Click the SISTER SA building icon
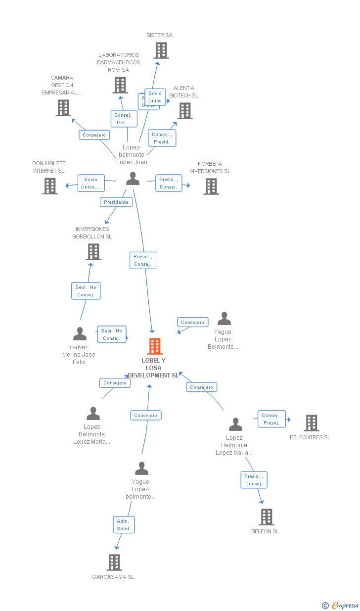(161, 50)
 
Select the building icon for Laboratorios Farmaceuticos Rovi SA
(120, 85)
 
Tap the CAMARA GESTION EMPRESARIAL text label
(62, 85)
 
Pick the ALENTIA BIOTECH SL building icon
(185, 111)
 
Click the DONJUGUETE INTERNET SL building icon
(50, 186)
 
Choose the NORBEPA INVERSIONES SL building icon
(211, 187)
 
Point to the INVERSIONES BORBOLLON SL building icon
(93, 252)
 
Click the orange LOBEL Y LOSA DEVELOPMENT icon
(155, 346)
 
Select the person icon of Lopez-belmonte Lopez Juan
(133, 179)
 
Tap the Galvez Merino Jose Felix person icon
(80, 334)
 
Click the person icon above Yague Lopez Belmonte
(225, 319)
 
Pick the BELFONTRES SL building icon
(311, 423)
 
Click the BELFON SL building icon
(267, 517)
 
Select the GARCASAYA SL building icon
(114, 563)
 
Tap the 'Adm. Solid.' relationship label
(124, 525)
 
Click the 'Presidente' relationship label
(116, 202)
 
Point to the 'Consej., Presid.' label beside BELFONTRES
(271, 419)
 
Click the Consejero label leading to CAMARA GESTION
(94, 135)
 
